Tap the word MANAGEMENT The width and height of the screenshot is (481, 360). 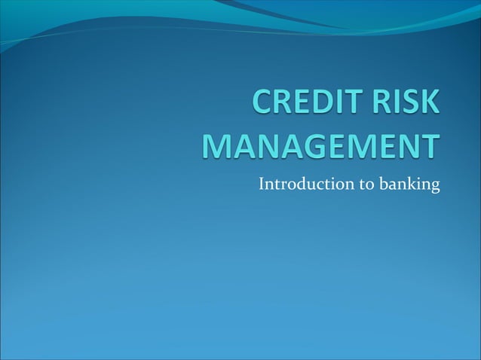(320, 146)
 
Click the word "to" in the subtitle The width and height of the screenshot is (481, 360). (367, 183)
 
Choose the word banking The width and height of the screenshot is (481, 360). (410, 185)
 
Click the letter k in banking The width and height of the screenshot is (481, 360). (411, 183)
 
